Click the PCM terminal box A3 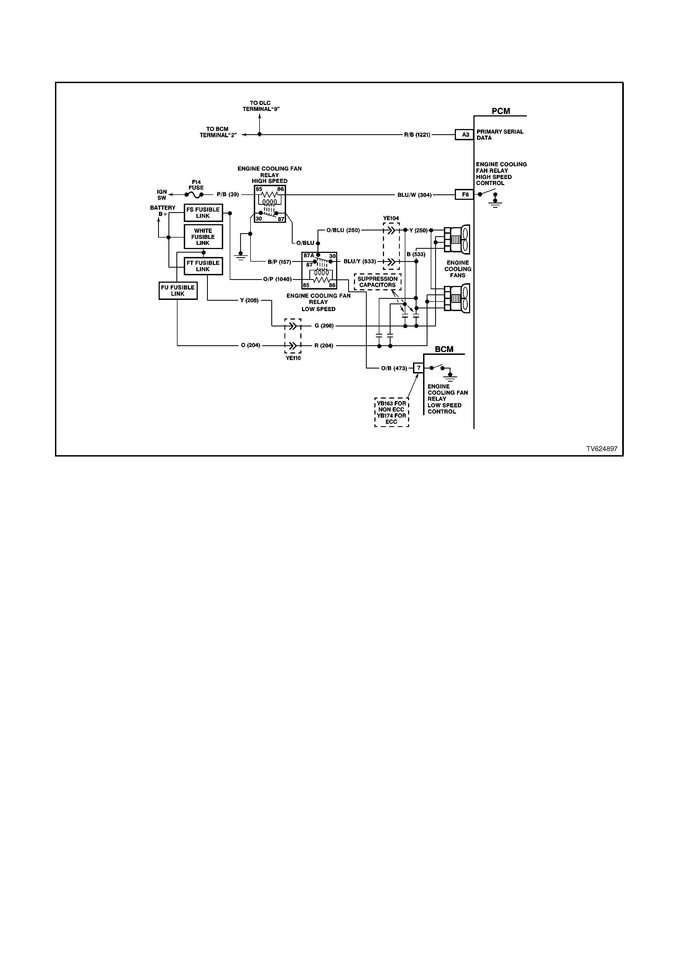[x=464, y=135]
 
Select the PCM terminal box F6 [x=464, y=195]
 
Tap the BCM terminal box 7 [x=418, y=368]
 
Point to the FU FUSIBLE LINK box [x=178, y=291]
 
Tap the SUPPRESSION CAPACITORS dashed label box [x=378, y=282]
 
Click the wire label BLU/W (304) [x=414, y=195]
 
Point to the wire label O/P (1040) [x=277, y=279]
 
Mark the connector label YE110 [x=293, y=358]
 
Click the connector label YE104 [x=391, y=218]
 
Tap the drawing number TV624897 [x=601, y=449]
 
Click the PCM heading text [x=501, y=111]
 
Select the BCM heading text [x=444, y=349]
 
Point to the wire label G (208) [x=324, y=326]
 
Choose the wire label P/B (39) [x=228, y=195]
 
